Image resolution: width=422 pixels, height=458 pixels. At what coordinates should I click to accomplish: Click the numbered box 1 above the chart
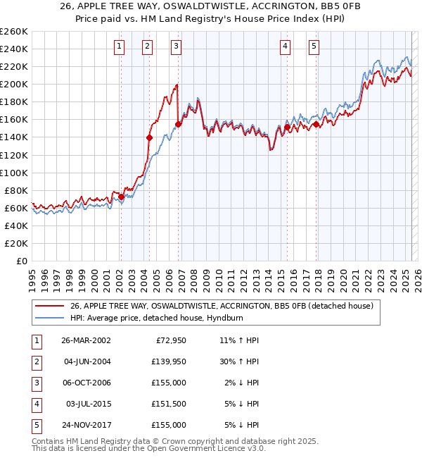tap(120, 47)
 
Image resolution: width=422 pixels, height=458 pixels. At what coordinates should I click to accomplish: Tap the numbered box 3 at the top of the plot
tap(175, 47)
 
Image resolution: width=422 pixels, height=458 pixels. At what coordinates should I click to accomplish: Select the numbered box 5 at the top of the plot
tap(313, 47)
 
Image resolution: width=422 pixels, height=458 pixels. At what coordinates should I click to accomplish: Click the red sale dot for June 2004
tap(149, 137)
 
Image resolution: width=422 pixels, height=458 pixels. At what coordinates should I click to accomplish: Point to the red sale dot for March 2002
tap(121, 197)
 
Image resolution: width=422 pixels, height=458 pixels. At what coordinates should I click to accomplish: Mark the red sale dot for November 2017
tap(316, 124)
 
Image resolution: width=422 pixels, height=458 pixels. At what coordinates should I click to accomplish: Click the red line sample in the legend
tap(51, 306)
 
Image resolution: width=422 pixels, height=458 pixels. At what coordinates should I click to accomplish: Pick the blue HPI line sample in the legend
tap(51, 318)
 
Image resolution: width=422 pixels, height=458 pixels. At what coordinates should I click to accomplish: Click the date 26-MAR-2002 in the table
tap(86, 340)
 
